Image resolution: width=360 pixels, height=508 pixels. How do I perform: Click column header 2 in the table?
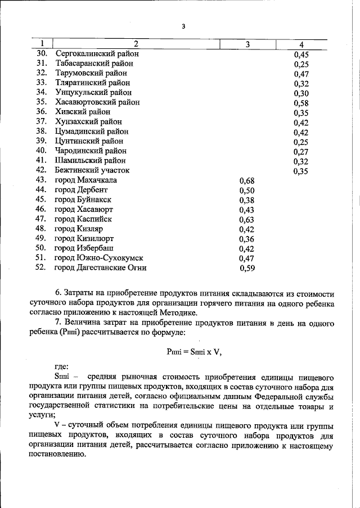coord(136,44)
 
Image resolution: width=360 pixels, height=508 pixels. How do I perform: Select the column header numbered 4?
coord(301,44)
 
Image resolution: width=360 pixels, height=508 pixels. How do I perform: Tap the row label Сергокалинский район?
coord(97,53)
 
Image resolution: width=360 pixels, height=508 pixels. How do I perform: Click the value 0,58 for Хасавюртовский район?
coord(302,102)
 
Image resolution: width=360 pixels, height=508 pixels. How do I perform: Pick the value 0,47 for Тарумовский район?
coord(302,73)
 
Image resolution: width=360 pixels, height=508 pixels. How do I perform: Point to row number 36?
coord(40,112)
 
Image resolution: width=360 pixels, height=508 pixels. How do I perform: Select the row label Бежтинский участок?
coord(92,170)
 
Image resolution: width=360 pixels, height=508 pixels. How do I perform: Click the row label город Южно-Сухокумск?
coord(95,258)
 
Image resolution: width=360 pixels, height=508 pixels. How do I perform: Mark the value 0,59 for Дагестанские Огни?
coord(247,269)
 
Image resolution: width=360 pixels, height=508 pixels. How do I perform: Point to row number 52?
coord(40,267)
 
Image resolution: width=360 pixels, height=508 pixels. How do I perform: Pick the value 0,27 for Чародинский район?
coord(302,151)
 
